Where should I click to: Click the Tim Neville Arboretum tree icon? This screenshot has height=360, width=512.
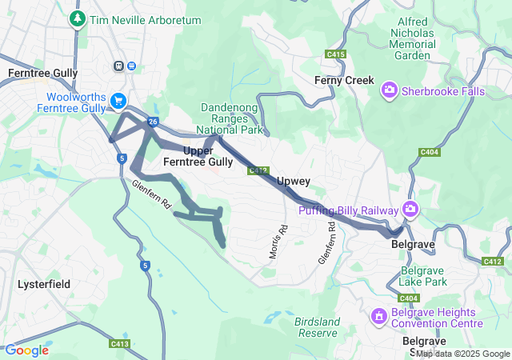pos(78,18)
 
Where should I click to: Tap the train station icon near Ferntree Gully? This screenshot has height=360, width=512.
pos(119,66)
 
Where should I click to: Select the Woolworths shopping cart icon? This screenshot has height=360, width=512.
pos(118,101)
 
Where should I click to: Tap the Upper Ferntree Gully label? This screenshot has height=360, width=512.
pos(198,156)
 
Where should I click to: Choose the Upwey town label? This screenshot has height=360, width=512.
pos(293,182)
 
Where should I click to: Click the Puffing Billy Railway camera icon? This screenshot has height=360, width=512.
pos(410,210)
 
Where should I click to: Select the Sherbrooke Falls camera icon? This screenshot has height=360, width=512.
pos(390,91)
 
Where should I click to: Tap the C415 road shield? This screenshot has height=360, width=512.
pos(336,54)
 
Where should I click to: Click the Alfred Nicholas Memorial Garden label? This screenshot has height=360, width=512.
pos(412,39)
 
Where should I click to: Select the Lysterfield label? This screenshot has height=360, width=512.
pos(44,284)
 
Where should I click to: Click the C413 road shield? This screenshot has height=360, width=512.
pos(120,344)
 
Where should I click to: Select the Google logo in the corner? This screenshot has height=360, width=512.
pos(26,350)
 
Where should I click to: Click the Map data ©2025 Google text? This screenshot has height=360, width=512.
pos(462,354)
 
